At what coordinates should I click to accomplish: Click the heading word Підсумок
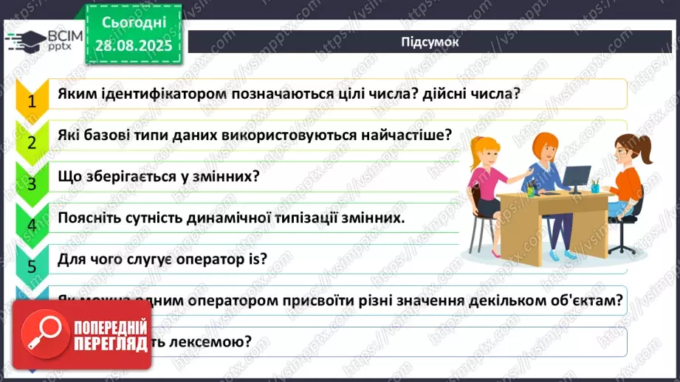(430, 42)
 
